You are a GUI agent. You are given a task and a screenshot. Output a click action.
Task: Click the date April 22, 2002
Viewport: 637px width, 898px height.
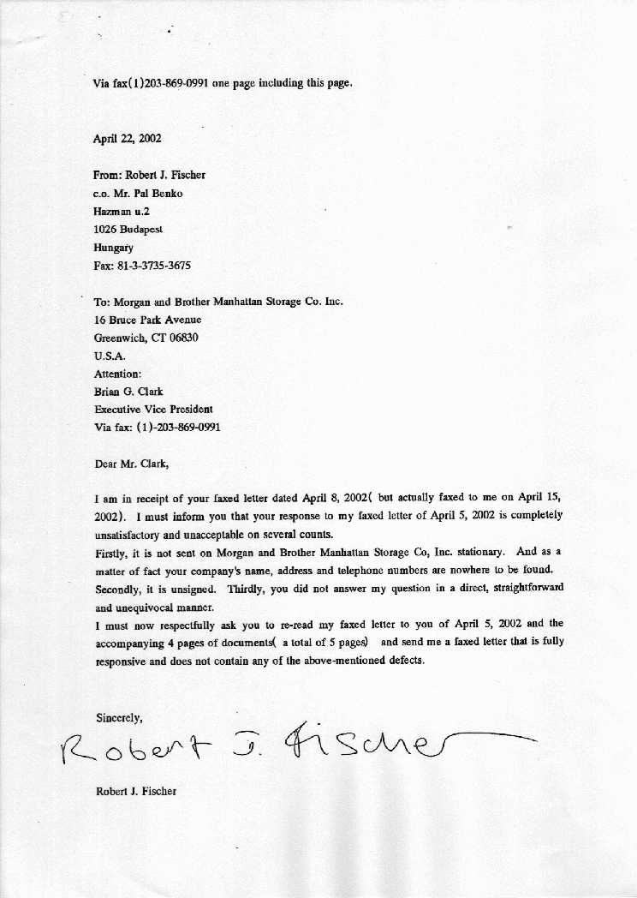[x=128, y=138]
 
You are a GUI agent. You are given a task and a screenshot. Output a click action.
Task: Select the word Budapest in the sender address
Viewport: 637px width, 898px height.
[x=140, y=229]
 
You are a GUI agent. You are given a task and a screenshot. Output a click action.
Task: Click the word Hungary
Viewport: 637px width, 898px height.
[x=113, y=248]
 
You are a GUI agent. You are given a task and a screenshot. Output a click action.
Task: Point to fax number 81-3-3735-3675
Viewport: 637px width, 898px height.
[x=153, y=266]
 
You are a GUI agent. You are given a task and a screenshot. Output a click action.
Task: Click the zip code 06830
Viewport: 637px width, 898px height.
[x=182, y=338]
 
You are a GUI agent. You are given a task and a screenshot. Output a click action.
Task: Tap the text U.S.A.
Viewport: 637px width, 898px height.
[x=110, y=356]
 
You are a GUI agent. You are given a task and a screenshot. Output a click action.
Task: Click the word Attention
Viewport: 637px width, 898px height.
[x=117, y=374]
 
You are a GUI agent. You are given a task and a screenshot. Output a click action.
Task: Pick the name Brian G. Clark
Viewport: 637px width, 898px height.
[x=128, y=392]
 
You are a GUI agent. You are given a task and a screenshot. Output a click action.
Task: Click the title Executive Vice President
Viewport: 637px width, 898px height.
[x=153, y=409]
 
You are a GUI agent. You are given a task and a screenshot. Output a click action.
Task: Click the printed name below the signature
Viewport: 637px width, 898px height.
[x=135, y=791]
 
